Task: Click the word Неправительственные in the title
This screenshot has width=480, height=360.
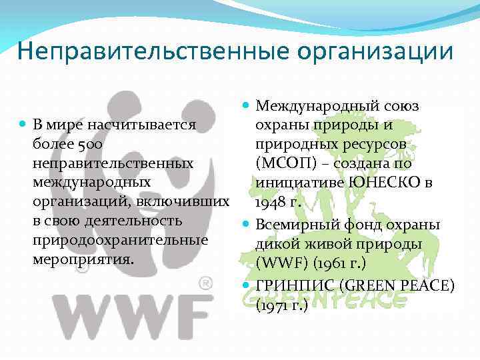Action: point(136,52)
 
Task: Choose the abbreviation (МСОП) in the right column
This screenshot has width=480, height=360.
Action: point(287,163)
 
